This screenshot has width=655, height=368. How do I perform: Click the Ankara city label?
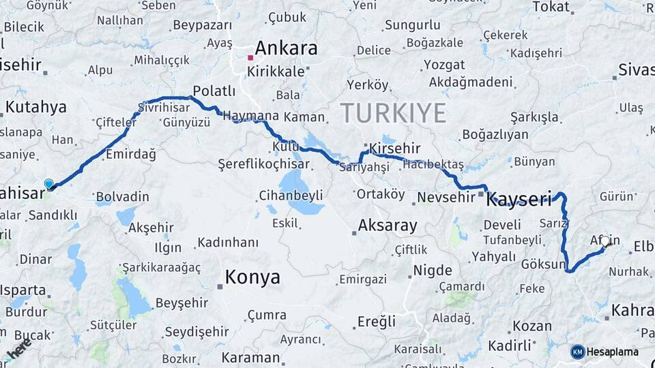pos(286,48)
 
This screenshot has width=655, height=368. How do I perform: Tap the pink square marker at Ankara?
pos(250,57)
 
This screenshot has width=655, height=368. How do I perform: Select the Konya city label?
pos(252,277)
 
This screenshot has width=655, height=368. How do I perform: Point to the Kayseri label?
pos(519,200)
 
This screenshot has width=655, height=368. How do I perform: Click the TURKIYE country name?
pos(393,112)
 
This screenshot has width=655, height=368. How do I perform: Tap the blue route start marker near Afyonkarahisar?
pos(48,184)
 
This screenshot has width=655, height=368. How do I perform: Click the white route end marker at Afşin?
pos(605,241)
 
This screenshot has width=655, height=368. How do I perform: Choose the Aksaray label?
pos(388,225)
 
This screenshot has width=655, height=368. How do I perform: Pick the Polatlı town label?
pos(214,91)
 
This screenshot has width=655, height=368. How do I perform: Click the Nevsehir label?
pos(445,197)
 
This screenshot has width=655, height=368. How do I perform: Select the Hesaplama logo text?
pos(613,352)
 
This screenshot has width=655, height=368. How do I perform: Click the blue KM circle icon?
pos(577,352)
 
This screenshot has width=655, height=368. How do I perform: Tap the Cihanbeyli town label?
pos(291,196)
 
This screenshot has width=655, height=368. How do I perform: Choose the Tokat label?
pos(551,7)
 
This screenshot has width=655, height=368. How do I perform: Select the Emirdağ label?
pos(130,155)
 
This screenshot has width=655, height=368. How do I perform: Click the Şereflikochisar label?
pos(263,164)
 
